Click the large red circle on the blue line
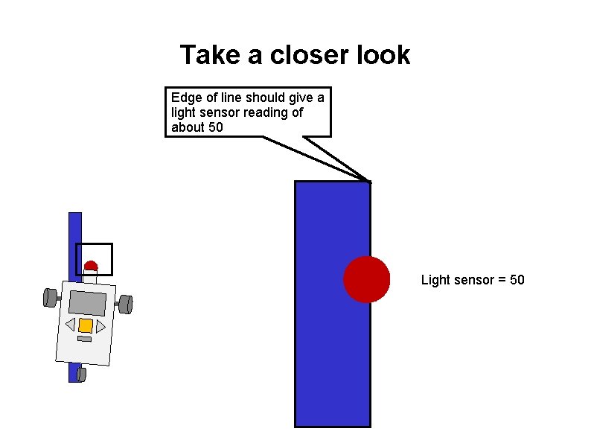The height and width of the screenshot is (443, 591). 366,279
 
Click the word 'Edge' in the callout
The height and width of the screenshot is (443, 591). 186,98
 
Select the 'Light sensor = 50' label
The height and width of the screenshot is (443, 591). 473,280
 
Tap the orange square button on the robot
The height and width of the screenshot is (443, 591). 86,325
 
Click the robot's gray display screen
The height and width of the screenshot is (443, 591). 88,302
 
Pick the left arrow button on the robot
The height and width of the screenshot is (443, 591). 70,324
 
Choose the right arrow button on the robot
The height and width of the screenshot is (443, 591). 100,327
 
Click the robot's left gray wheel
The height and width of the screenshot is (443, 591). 51,297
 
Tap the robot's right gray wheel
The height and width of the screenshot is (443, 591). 126,304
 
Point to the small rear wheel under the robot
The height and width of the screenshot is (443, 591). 81,374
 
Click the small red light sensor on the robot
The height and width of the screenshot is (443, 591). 91,265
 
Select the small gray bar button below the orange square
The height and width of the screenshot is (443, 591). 84,339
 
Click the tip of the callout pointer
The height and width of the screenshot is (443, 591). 370,181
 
